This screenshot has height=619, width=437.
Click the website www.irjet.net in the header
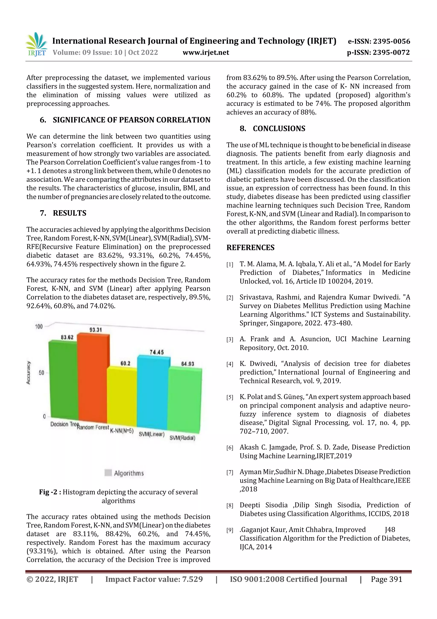(x=206, y=53)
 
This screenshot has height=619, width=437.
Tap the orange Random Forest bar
(x=92, y=377)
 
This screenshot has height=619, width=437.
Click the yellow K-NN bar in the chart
(x=122, y=396)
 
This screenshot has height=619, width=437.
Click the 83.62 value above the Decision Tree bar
(x=67, y=337)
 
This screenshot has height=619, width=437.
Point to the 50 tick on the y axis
(x=41, y=373)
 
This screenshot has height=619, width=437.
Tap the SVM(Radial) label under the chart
(x=182, y=438)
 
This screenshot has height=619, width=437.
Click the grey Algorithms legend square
(x=108, y=473)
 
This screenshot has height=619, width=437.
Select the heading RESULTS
(x=70, y=213)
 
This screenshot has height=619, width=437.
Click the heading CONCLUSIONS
(x=279, y=129)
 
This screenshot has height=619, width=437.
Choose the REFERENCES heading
(x=251, y=247)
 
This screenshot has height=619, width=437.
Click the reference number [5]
(x=230, y=397)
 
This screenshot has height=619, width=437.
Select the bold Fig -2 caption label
(x=50, y=492)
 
